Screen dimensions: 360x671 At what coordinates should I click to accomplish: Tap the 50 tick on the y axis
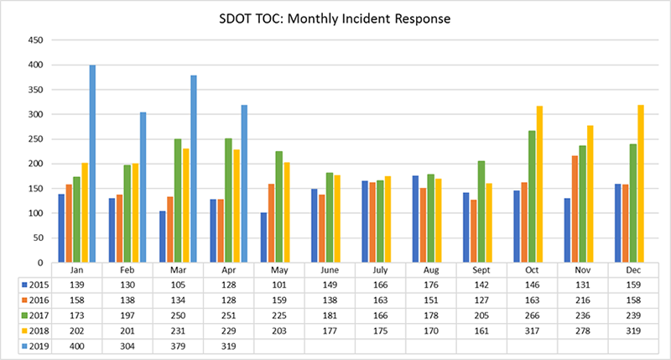[x=37, y=238]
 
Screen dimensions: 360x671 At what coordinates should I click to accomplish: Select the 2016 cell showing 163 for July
[x=380, y=299]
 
